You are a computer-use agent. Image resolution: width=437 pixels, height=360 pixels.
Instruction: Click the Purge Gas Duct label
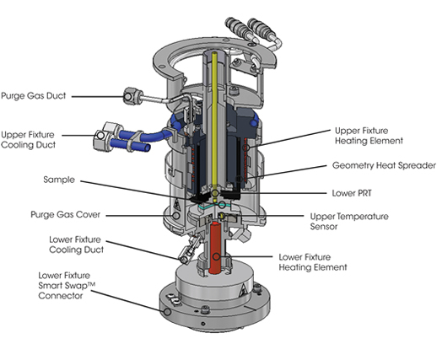tap(34, 96)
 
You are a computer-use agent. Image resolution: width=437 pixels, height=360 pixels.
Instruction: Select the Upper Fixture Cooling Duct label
tap(28, 140)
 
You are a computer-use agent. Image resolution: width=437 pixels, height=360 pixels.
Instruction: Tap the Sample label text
tap(59, 180)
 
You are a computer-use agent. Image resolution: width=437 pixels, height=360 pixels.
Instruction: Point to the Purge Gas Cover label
tap(65, 215)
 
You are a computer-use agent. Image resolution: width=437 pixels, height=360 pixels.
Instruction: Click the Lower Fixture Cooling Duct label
tap(76, 244)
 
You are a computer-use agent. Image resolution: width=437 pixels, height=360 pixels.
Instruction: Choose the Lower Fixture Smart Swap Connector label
tap(67, 286)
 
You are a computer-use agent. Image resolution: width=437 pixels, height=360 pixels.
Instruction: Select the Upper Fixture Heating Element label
tap(369, 136)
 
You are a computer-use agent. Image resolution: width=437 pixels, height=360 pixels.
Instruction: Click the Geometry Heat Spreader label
tap(384, 165)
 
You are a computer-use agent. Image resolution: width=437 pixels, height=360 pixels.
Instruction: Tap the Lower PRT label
tap(352, 193)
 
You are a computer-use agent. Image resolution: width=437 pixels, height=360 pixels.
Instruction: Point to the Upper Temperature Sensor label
tap(349, 222)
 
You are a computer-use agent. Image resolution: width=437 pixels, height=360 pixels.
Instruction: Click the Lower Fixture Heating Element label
tap(313, 262)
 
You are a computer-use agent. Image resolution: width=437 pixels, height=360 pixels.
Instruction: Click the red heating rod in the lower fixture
tap(216, 248)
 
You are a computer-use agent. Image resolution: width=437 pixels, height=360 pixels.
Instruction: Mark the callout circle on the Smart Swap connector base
tap(167, 312)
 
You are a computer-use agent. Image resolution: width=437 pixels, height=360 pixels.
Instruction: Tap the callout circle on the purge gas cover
tap(176, 216)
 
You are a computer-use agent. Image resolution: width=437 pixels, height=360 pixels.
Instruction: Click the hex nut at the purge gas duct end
tap(129, 96)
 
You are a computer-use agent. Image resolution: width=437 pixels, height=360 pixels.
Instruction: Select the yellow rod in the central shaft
tap(214, 121)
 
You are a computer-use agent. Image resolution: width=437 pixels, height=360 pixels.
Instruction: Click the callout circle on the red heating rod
tap(216, 256)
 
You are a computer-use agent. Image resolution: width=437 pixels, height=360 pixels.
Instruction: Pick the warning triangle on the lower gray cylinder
tap(243, 291)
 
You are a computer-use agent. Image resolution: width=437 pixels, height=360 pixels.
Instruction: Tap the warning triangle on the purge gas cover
tap(176, 204)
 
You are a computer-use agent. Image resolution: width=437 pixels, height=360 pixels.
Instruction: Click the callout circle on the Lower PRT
tap(215, 193)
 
